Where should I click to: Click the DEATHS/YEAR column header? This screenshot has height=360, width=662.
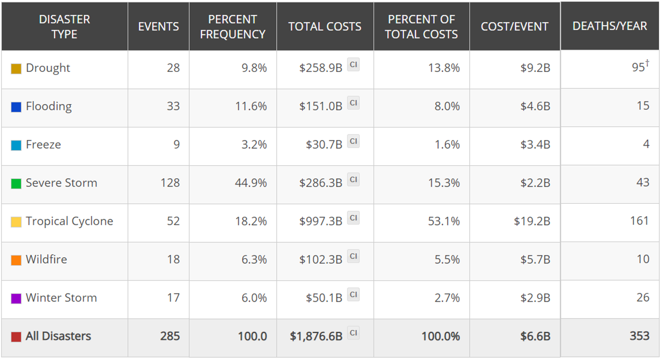coord(609,26)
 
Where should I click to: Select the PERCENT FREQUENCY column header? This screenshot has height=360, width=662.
coord(233,26)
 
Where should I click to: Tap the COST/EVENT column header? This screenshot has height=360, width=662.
coord(514,26)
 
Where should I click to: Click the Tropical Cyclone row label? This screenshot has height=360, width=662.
coord(69,221)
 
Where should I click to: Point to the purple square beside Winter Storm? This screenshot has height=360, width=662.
coord(16,299)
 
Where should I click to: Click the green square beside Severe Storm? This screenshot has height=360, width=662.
coord(16,184)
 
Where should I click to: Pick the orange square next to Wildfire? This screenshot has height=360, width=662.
coord(16,260)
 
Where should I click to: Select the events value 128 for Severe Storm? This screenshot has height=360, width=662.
coord(170,183)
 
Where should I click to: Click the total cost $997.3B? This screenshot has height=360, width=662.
coord(321,221)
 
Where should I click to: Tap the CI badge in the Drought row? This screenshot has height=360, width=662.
coord(353,64)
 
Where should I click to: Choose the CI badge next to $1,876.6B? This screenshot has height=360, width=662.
coord(353,333)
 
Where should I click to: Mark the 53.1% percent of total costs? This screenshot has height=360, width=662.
coord(444,221)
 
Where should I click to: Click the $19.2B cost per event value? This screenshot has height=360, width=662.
coord(532,221)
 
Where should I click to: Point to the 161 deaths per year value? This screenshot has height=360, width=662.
coord(639,221)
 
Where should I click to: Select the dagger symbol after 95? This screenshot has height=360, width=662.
coord(647,63)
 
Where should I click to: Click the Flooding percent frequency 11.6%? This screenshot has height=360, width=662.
coord(251,106)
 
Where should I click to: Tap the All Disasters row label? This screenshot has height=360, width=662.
coord(58,336)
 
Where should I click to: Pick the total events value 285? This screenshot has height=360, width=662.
coord(170,336)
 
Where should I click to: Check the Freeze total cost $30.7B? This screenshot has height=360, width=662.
coord(324,144)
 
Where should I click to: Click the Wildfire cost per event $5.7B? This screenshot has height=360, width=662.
coord(535,259)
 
